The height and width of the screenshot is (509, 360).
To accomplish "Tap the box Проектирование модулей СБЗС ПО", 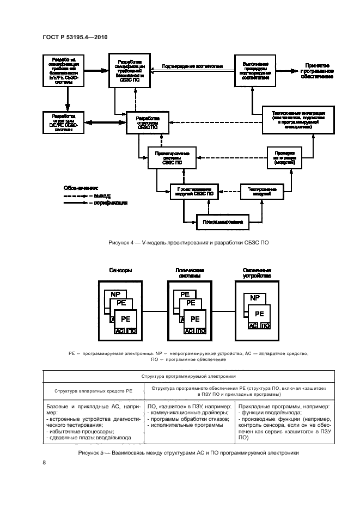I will tap(194, 191).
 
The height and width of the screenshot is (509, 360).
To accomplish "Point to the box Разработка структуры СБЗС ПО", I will tap(148, 122).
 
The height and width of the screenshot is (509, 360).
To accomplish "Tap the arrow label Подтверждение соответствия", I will tap(193, 66).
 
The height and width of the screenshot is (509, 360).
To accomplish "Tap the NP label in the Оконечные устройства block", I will tap(254, 298).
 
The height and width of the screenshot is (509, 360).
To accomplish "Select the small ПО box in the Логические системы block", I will tap(201, 330).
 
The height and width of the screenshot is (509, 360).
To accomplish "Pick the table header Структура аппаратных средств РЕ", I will tap(93, 391).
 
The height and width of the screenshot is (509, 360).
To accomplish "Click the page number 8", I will tap(44, 463).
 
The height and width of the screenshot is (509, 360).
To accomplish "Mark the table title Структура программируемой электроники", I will tap(188, 376).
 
